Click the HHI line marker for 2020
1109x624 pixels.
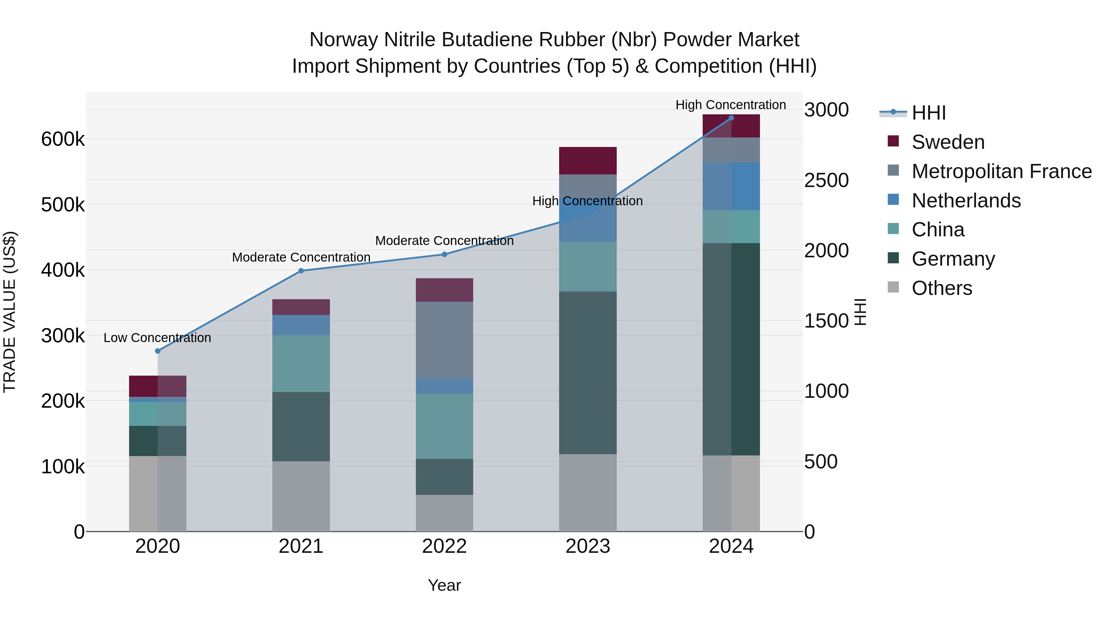[157, 351]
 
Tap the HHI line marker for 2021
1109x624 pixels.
[301, 271]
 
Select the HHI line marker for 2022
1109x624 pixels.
[444, 255]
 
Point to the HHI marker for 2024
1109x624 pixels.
[731, 118]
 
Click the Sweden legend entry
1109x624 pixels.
[948, 142]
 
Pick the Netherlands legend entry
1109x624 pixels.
[966, 201]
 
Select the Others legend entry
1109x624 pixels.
[941, 288]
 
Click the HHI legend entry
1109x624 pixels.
[928, 113]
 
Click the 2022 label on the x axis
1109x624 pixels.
[444, 546]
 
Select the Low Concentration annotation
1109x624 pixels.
[157, 338]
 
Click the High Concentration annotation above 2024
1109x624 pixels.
[731, 105]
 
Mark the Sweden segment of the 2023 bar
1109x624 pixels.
[588, 161]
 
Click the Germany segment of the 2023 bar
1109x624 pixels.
[588, 373]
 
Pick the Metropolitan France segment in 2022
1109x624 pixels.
[444, 340]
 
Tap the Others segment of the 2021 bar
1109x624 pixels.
[301, 496]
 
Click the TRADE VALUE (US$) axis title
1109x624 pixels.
[10, 312]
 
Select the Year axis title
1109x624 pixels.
[444, 585]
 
